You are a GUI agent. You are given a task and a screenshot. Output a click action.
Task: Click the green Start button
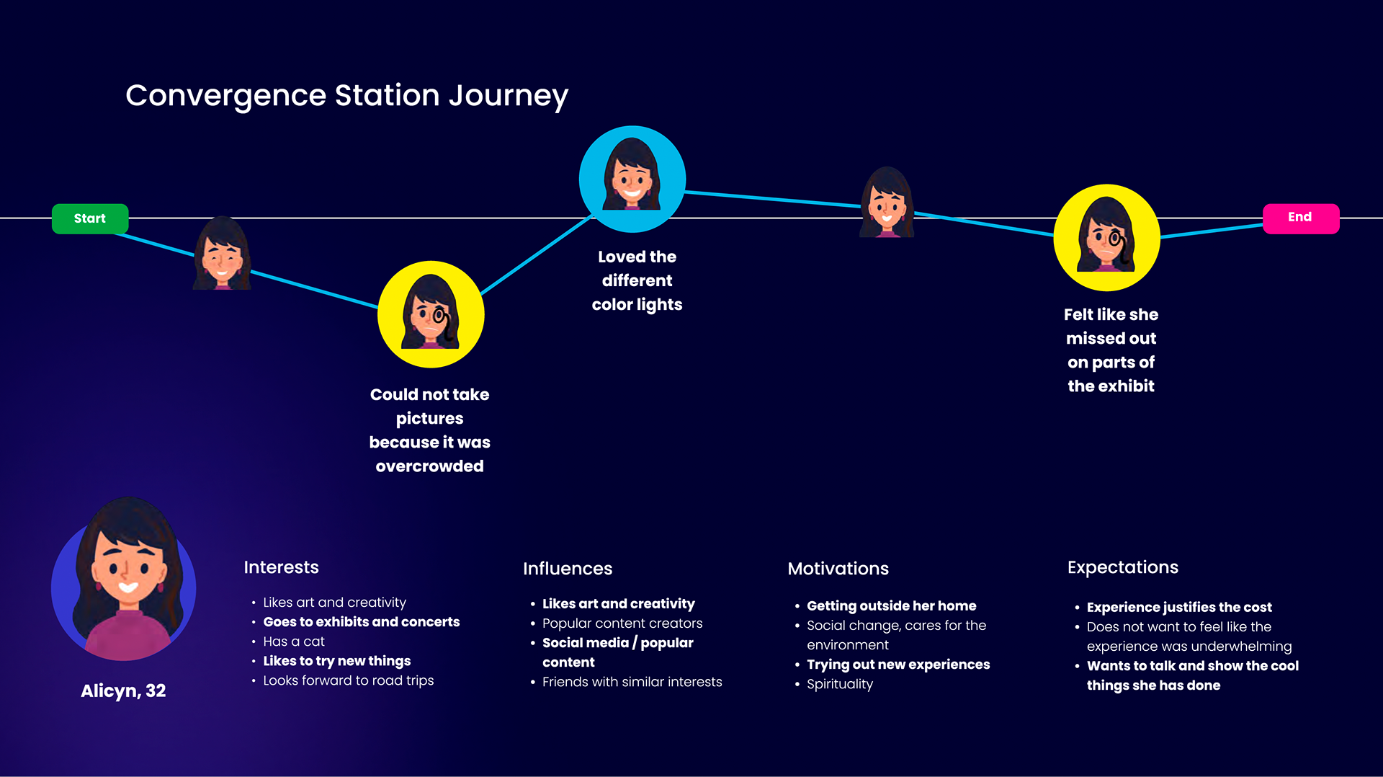[90, 218]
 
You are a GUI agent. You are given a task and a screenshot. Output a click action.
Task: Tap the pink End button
[1300, 218]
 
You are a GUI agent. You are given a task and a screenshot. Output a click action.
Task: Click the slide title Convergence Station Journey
[346, 95]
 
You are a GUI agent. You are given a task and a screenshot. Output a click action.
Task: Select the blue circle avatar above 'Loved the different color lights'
[632, 179]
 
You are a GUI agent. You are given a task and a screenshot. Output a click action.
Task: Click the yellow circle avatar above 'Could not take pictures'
[430, 314]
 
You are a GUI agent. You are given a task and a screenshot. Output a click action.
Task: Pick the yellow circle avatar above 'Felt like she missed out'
[1106, 237]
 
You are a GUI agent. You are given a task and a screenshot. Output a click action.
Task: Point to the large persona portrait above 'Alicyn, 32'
[124, 581]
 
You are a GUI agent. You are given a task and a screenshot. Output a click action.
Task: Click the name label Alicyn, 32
[123, 691]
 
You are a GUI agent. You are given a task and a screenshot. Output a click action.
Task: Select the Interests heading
[281, 567]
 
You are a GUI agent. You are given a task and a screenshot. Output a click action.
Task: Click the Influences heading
[568, 569]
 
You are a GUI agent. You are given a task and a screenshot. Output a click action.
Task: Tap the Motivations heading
[838, 569]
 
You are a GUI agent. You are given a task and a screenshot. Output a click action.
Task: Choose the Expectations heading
[1122, 567]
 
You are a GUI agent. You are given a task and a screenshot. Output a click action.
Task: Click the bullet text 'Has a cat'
[294, 641]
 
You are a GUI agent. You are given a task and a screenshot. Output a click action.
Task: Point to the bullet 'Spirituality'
[839, 684]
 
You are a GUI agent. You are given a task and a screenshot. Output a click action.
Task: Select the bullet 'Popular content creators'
[622, 623]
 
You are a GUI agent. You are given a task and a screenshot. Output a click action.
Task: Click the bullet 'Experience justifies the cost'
[1178, 607]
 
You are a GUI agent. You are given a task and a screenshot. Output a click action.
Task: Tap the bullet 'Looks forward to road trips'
[348, 680]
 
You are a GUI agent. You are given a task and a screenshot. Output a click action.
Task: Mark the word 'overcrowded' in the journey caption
[429, 466]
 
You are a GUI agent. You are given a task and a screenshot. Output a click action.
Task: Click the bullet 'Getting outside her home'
[891, 605]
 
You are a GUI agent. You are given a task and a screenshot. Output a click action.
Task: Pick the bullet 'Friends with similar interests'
[632, 682]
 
